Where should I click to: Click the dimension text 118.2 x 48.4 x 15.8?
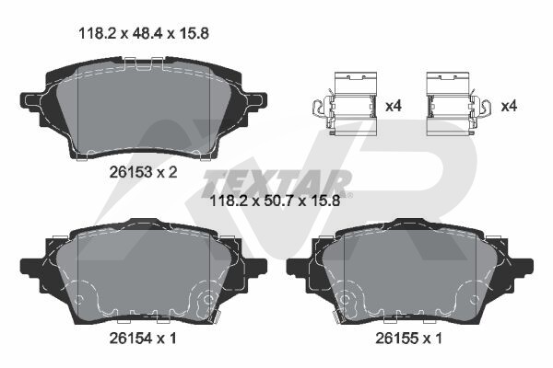144,33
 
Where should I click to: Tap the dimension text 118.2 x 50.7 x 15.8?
275,201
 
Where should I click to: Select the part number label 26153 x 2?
143,172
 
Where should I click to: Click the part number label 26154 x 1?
143,339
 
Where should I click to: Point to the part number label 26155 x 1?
408,339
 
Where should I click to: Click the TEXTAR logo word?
276,184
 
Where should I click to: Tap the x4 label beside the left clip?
394,106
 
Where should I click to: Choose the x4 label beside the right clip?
509,106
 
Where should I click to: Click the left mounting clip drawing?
346,104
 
